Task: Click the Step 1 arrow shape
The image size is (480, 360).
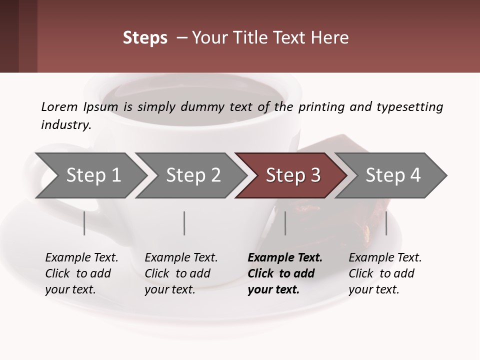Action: (x=93, y=175)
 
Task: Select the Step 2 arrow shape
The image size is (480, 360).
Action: (x=193, y=175)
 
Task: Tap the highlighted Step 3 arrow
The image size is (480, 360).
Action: (x=293, y=175)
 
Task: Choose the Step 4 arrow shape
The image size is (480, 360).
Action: (x=393, y=175)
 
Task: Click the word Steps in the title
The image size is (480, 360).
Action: (x=145, y=38)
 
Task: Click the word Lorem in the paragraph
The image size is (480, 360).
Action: (x=59, y=106)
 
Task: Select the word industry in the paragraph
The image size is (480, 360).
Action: (x=65, y=124)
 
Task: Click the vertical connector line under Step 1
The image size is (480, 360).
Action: (x=84, y=223)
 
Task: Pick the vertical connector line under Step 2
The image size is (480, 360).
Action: (x=184, y=223)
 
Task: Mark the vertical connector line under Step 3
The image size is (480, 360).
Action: (x=285, y=223)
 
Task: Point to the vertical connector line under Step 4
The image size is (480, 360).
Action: (x=386, y=223)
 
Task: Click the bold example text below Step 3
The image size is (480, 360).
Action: (x=285, y=273)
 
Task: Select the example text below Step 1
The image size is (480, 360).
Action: (x=81, y=273)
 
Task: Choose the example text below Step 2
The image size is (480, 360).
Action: (x=181, y=273)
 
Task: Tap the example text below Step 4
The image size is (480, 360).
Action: (x=385, y=273)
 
